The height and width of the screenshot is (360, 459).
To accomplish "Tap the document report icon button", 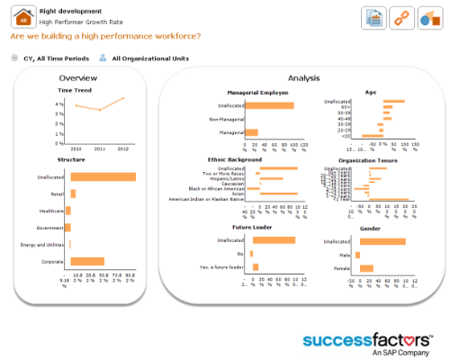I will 375,17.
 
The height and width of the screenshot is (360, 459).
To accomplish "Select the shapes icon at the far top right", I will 429,17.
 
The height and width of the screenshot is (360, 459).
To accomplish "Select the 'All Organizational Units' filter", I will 150,58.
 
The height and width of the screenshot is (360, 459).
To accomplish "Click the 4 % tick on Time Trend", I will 58,104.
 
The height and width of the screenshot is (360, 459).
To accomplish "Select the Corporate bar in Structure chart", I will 87,261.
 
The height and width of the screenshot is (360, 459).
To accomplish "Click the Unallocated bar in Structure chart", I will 103,176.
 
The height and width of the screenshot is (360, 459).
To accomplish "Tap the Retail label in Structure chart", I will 57,193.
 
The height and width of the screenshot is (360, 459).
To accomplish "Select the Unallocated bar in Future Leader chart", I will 274,240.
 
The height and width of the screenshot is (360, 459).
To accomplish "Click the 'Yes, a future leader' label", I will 221,267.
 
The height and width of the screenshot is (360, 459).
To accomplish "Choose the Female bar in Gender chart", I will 366,267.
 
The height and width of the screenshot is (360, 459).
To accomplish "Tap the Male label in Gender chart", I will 343,255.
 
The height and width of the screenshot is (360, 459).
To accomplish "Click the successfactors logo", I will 367,342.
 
